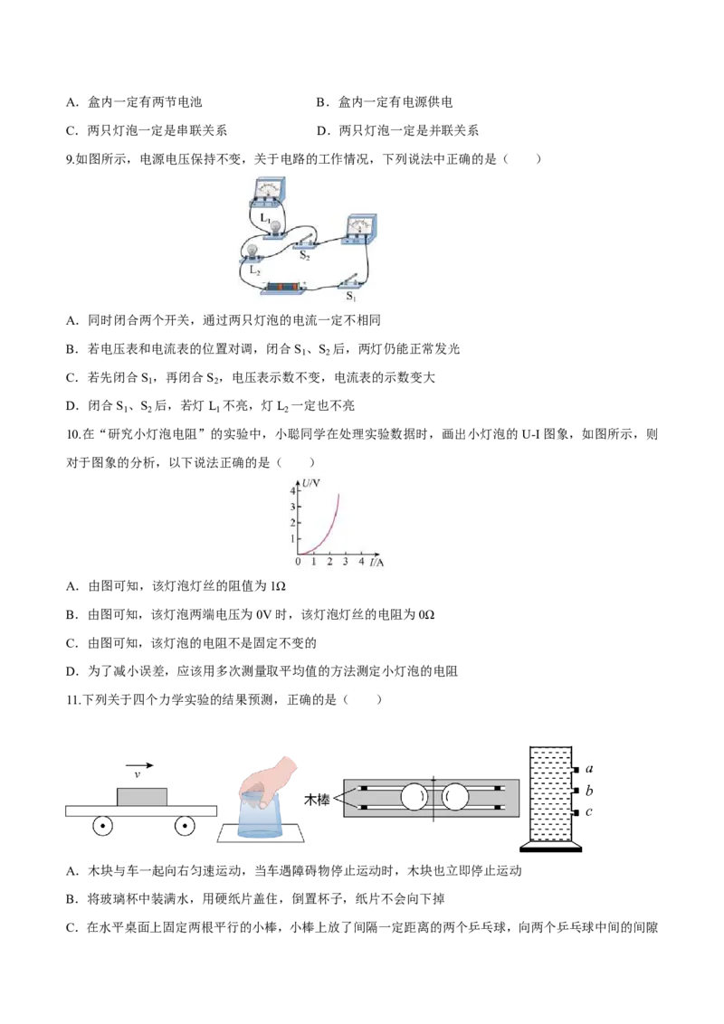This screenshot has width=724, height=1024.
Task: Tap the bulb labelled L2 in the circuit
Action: pyautogui.click(x=252, y=251)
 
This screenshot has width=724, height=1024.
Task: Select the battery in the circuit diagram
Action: pyautogui.click(x=284, y=288)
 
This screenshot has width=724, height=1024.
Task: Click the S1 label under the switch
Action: pyautogui.click(x=351, y=297)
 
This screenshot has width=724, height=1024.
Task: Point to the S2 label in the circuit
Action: pyautogui.click(x=304, y=256)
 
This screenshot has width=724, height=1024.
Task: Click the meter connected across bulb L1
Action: pyautogui.click(x=267, y=194)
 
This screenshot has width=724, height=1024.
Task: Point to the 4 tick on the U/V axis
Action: pyautogui.click(x=292, y=490)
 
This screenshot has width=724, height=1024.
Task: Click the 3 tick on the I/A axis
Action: pyautogui.click(x=345, y=561)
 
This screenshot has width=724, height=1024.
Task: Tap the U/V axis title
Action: pyautogui.click(x=311, y=483)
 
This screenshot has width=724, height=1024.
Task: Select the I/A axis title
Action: pyautogui.click(x=376, y=562)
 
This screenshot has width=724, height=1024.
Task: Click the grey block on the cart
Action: pyautogui.click(x=142, y=797)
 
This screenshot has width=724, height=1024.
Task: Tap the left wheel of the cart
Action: pyautogui.click(x=102, y=826)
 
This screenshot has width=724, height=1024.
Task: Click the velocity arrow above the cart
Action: pyautogui.click(x=139, y=765)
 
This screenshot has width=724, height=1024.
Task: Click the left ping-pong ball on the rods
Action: pyautogui.click(x=414, y=797)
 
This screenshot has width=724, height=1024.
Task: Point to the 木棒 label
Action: pyautogui.click(x=317, y=799)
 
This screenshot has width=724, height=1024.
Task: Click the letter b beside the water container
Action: pyautogui.click(x=589, y=791)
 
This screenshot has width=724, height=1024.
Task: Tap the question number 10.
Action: pyautogui.click(x=73, y=434)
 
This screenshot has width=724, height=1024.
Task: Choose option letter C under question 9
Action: pyautogui.click(x=71, y=377)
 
